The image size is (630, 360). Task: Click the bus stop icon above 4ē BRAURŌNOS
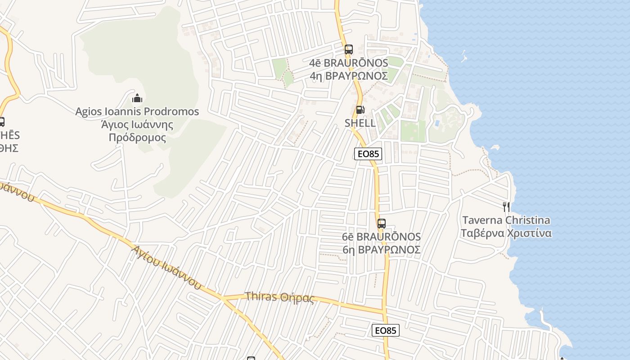pos(348,49)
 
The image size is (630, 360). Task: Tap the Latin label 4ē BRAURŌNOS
pos(349,63)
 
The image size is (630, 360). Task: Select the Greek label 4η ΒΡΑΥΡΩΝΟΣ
pos(349,76)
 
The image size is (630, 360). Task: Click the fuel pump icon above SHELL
pos(360,110)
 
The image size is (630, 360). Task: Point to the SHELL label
pos(360,123)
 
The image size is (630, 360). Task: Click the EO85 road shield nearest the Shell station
pos(368,154)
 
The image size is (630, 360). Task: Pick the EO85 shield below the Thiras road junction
pos(386,330)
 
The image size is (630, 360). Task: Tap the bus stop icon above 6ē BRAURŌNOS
pos(382,223)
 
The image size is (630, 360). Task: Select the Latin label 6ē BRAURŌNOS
pos(382,237)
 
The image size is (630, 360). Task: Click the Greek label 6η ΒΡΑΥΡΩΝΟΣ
pos(382,250)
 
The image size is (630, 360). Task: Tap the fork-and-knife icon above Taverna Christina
pos(507,207)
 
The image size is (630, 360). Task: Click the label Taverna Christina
pos(506,220)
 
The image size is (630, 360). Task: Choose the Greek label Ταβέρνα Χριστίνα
pos(506,233)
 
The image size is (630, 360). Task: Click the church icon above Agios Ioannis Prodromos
pos(137,98)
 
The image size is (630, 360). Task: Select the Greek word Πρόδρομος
pos(137,138)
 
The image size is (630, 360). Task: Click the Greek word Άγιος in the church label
pos(114,124)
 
